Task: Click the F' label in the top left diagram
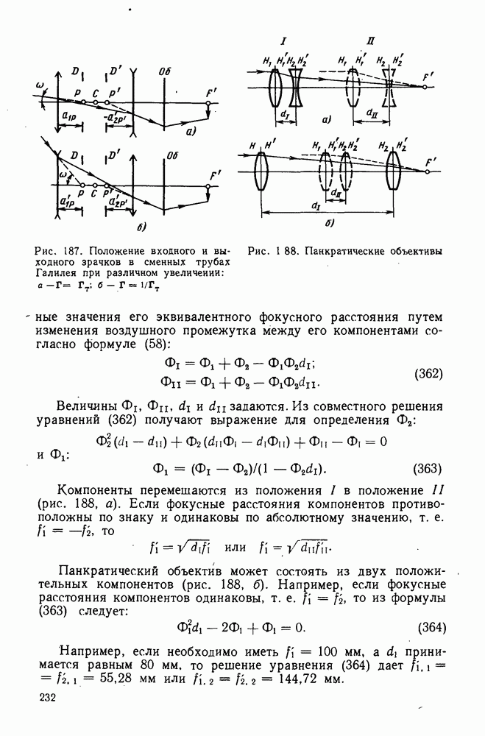tap(212, 92)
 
